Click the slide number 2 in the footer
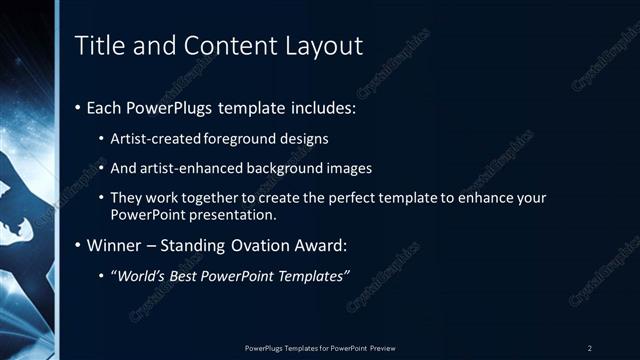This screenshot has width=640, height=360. (590, 347)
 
